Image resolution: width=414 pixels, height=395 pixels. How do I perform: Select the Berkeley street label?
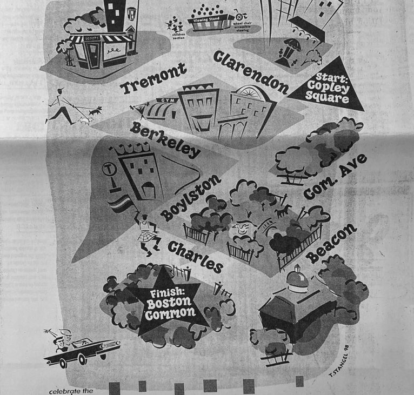[x=165, y=139]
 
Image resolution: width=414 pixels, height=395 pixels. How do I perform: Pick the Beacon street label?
[x=332, y=244]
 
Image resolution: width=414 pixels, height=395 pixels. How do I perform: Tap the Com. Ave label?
[x=335, y=176]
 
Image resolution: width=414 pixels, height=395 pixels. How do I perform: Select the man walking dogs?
[x=63, y=105]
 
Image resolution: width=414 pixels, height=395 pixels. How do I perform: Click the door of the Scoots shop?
[x=95, y=55]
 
